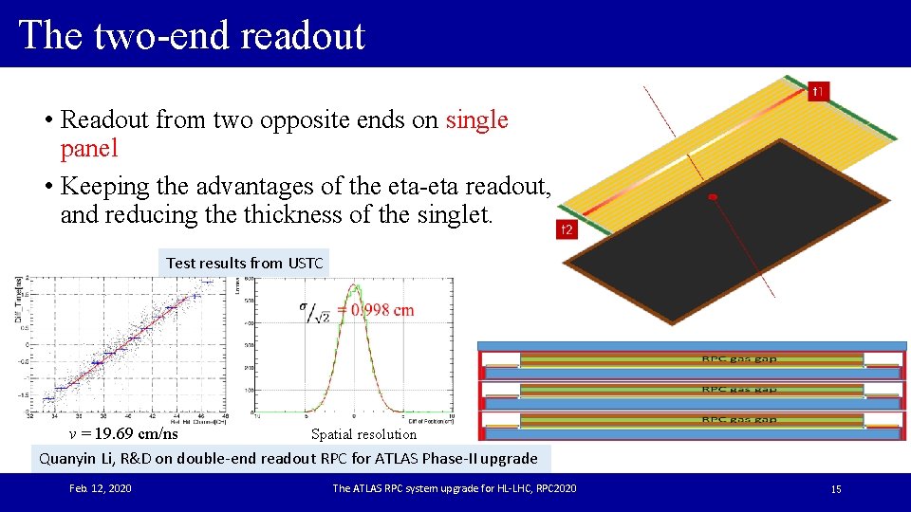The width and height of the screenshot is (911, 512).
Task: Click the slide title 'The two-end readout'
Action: click(x=192, y=35)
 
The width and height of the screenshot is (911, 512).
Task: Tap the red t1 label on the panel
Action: click(x=818, y=91)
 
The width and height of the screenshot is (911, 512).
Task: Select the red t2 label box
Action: click(x=567, y=229)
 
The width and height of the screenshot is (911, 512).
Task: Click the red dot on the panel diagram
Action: click(x=713, y=197)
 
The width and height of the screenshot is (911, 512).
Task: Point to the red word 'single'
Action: click(x=477, y=119)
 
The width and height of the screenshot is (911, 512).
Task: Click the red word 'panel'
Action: click(x=89, y=148)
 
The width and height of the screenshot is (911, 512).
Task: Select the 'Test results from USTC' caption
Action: click(x=244, y=263)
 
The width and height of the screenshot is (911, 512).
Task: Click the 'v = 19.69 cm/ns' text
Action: click(x=123, y=434)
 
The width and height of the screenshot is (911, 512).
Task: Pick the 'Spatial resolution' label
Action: click(x=363, y=434)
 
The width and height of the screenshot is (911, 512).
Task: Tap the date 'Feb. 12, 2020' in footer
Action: click(x=101, y=488)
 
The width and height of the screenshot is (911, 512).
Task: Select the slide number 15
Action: click(x=836, y=489)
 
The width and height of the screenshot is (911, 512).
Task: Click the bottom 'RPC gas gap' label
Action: click(x=739, y=419)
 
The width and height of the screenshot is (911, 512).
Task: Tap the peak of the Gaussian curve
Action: click(x=354, y=285)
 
